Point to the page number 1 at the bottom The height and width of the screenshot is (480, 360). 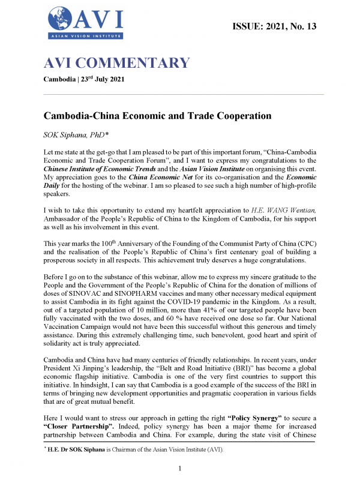[180, 467]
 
